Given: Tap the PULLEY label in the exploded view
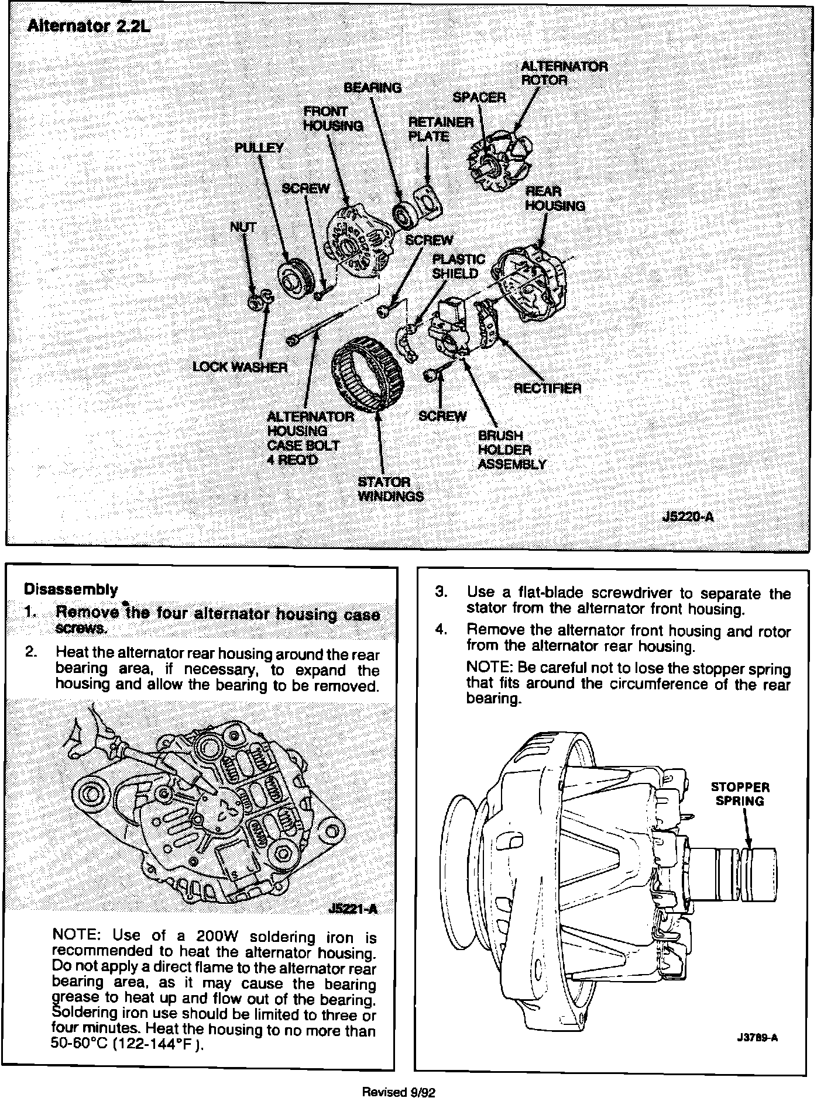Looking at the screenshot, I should pos(259,148).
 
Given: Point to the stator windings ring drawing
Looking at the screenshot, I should pos(368,374).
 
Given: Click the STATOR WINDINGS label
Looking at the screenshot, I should pos(390,489).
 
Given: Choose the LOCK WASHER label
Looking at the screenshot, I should pos(240,367).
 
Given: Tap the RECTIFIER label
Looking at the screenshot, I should pos(547,388).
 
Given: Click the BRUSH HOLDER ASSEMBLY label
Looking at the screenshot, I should pos(511,450).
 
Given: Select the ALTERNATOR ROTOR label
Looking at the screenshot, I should pos(564,73).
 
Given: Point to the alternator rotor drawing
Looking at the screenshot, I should pos(500,159).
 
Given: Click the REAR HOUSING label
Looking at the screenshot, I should pos(554,199).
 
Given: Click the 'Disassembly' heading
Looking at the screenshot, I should pos(71,589).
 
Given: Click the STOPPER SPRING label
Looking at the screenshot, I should pos(740,794).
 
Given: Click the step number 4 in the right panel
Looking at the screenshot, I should pos(441,630).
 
